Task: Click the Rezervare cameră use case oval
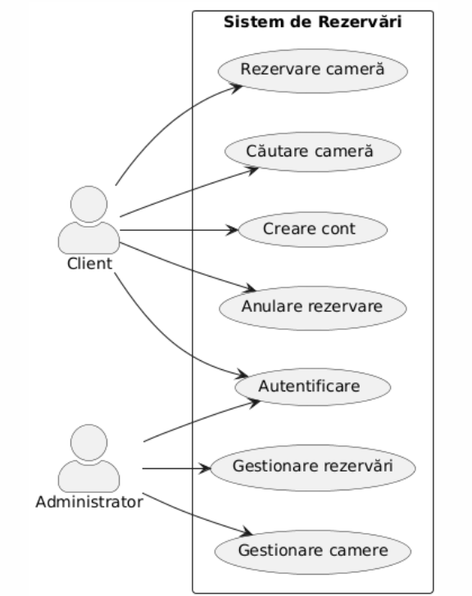[313, 70]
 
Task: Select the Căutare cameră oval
[313, 151]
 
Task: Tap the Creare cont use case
[313, 229]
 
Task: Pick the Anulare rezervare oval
[313, 308]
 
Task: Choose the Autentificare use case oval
[313, 386]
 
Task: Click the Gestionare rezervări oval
[313, 467]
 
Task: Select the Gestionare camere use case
[313, 552]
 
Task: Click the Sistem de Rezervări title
[313, 22]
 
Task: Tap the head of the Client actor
[88, 204]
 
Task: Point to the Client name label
[89, 264]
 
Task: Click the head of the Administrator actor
[88, 443]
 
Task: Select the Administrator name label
[89, 502]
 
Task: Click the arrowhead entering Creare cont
[233, 230]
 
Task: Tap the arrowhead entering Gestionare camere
[247, 532]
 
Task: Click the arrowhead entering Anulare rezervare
[250, 288]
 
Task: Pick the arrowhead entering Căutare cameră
[253, 170]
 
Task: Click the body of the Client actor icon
[88, 238]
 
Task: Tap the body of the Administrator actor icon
[88, 476]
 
